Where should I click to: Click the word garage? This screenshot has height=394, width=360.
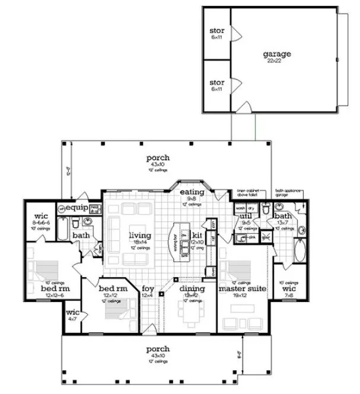point(276,53)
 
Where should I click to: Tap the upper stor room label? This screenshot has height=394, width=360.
point(216,30)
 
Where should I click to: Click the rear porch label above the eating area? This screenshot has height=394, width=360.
point(158,158)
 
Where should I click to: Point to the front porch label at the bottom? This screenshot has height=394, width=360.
point(158,349)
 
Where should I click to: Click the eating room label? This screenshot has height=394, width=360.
point(193,192)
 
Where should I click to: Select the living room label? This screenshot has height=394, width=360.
point(140,236)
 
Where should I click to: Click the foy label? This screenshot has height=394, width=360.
point(148,289)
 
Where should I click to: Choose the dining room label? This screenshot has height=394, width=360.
point(192,289)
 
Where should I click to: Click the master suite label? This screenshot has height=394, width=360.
point(241,289)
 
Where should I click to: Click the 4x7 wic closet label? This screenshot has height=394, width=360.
point(72,312)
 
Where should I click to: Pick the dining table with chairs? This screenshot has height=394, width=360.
point(191,313)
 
